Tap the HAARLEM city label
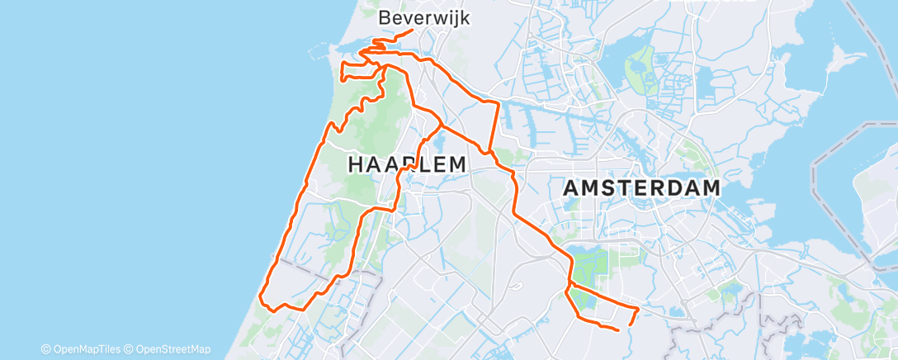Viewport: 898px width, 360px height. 407,164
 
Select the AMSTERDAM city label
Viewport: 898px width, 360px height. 641,188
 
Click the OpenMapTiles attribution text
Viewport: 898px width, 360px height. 87,349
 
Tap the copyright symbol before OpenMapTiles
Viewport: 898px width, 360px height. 46,349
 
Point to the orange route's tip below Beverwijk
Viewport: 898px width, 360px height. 412,31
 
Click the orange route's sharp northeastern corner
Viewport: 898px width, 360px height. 498,102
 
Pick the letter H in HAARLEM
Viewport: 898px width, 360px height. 356,164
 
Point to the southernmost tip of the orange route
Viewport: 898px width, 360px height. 618,330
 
